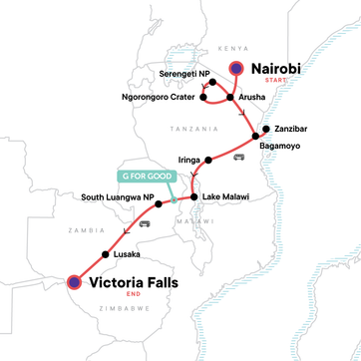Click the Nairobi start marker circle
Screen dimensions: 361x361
(x=237, y=69)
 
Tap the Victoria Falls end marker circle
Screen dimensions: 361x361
(x=75, y=282)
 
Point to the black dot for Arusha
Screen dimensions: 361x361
(x=230, y=98)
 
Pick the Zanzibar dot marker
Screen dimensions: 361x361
(x=265, y=129)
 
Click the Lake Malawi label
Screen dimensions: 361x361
(x=224, y=197)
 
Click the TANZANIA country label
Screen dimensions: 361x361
(x=193, y=129)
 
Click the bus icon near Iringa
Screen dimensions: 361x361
(x=237, y=160)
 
